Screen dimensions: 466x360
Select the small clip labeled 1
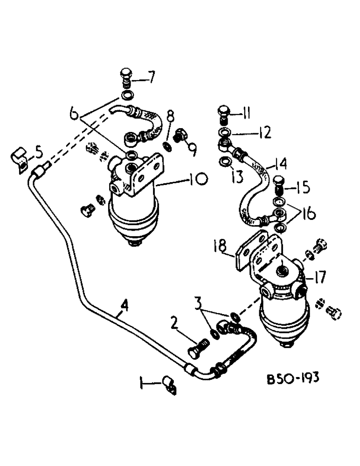coord(169,385)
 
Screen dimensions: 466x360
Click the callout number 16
coord(307,214)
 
